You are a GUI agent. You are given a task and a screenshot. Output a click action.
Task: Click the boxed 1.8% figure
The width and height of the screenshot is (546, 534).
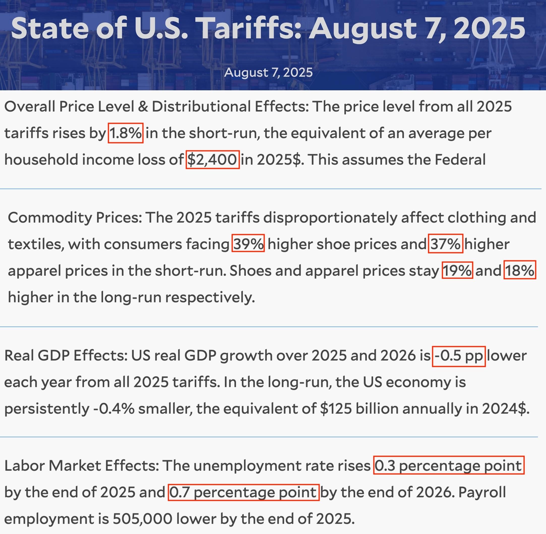(126, 133)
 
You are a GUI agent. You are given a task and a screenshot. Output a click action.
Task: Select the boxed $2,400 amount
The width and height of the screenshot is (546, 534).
(213, 160)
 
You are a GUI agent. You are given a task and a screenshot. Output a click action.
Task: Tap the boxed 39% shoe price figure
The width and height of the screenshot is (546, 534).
(248, 243)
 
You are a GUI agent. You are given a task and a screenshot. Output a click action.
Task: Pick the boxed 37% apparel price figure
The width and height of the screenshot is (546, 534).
(445, 243)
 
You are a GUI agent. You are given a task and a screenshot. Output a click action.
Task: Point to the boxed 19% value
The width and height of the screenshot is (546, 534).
(458, 270)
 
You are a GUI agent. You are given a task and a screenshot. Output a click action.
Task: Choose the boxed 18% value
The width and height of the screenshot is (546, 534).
(520, 270)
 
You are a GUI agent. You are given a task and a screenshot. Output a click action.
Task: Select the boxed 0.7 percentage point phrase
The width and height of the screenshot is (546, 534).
(244, 492)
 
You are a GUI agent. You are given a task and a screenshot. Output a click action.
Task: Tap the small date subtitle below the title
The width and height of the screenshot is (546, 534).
(268, 72)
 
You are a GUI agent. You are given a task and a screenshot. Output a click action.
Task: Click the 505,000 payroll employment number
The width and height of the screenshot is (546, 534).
(142, 519)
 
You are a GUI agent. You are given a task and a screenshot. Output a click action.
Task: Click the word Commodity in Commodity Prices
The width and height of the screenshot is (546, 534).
(50, 218)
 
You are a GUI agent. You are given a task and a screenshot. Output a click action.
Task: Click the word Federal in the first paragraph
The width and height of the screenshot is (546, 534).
(460, 160)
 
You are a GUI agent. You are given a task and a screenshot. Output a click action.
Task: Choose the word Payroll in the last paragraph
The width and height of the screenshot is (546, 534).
(482, 492)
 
